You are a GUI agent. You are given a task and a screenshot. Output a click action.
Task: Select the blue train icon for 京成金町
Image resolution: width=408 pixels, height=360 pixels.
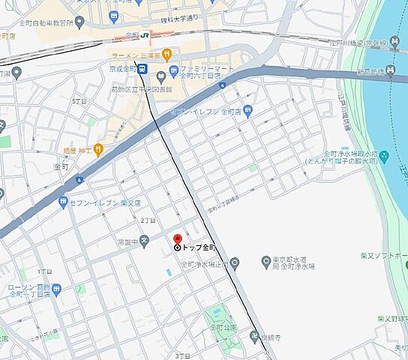click(141, 69)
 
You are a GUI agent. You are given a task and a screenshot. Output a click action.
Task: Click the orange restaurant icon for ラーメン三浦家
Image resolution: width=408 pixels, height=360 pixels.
click(166, 54)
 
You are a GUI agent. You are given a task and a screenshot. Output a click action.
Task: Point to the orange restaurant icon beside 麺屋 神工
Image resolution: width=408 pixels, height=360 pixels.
click(97, 150)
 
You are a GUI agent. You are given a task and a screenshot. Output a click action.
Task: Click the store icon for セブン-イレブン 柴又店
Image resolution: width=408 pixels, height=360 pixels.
click(64, 202)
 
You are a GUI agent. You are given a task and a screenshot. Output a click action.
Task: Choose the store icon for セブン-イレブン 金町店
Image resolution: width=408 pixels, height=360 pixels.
click(248, 110)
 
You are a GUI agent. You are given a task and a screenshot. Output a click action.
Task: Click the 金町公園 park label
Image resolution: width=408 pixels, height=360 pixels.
click(223, 328)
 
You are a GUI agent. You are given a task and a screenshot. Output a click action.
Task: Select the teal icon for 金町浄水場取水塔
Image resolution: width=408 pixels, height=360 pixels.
click(384, 157)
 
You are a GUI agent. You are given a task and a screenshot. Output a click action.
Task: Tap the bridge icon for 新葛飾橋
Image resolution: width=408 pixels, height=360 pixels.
click(391, 72)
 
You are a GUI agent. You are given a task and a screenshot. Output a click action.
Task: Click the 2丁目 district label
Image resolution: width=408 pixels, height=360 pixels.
click(148, 221)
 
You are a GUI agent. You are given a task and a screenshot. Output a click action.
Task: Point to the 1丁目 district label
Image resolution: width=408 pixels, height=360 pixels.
click(45, 270)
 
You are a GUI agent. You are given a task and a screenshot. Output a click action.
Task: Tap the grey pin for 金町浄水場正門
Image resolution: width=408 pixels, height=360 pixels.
click(235, 263)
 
